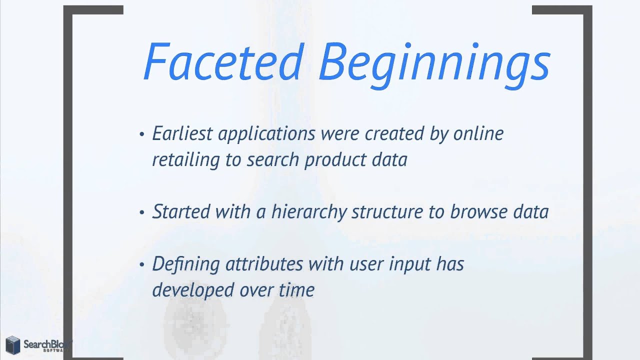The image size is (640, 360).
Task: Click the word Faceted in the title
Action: tap(223, 62)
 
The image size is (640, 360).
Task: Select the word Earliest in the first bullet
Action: tap(182, 134)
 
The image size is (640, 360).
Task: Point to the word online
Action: tap(478, 134)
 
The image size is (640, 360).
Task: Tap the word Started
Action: tap(181, 211)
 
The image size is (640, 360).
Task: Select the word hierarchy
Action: tap(309, 212)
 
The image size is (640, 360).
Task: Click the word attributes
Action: tap(263, 263)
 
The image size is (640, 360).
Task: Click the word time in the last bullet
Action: tap(297, 289)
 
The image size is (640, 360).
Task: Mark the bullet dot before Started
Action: tap(142, 212)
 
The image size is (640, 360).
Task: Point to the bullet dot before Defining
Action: tap(142, 264)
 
